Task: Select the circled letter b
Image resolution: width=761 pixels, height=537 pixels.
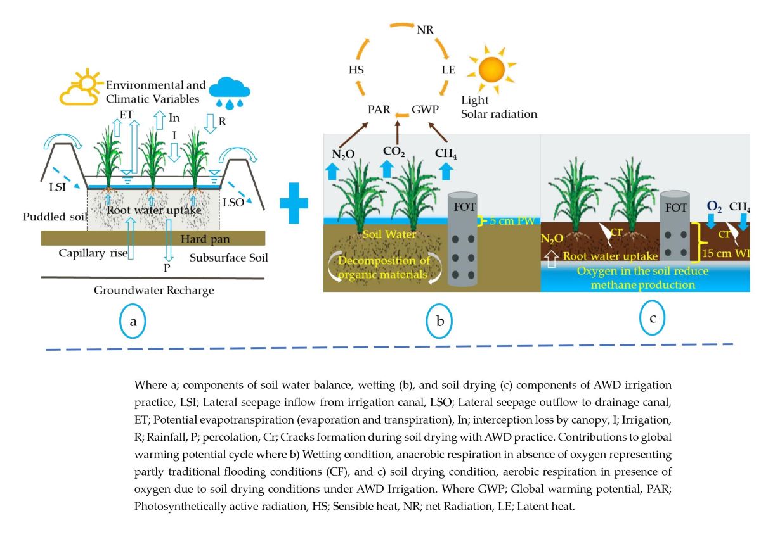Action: tap(439, 322)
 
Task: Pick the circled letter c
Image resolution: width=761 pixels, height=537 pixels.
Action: tap(652, 319)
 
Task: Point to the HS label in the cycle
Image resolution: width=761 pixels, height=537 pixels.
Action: tap(356, 70)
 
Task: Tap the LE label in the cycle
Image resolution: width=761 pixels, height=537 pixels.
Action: tap(448, 70)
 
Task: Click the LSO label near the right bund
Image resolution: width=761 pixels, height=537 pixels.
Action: tap(233, 201)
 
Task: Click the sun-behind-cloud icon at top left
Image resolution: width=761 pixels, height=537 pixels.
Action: tap(81, 89)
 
